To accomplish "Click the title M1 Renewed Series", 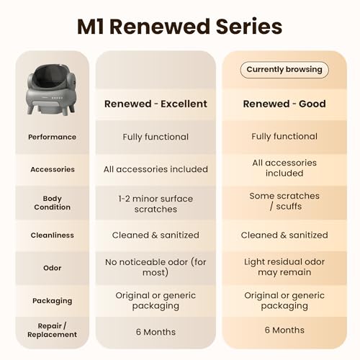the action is (x=179, y=27).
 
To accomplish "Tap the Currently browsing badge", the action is (x=284, y=70).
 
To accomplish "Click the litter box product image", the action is (x=51, y=89).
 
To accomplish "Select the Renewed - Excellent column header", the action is (x=156, y=104).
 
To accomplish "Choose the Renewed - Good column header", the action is (x=284, y=104).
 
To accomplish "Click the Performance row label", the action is (x=52, y=137).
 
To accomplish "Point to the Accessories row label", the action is (x=53, y=169).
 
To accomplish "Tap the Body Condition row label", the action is (x=52, y=203).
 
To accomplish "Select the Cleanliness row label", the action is (x=52, y=235).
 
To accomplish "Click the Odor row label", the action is (x=52, y=268).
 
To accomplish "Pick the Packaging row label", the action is (x=52, y=301).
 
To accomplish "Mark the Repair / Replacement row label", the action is (x=52, y=330).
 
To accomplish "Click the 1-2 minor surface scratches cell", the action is (x=156, y=204).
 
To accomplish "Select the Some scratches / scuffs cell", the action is (x=284, y=201).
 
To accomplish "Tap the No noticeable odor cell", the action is (x=156, y=267).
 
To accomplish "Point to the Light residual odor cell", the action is (x=284, y=267).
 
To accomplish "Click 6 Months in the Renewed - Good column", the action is (x=284, y=330).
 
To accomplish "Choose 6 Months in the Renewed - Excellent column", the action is (x=156, y=332).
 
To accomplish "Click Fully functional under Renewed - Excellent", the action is (x=156, y=137).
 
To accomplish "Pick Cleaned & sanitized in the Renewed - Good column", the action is (x=284, y=235).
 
